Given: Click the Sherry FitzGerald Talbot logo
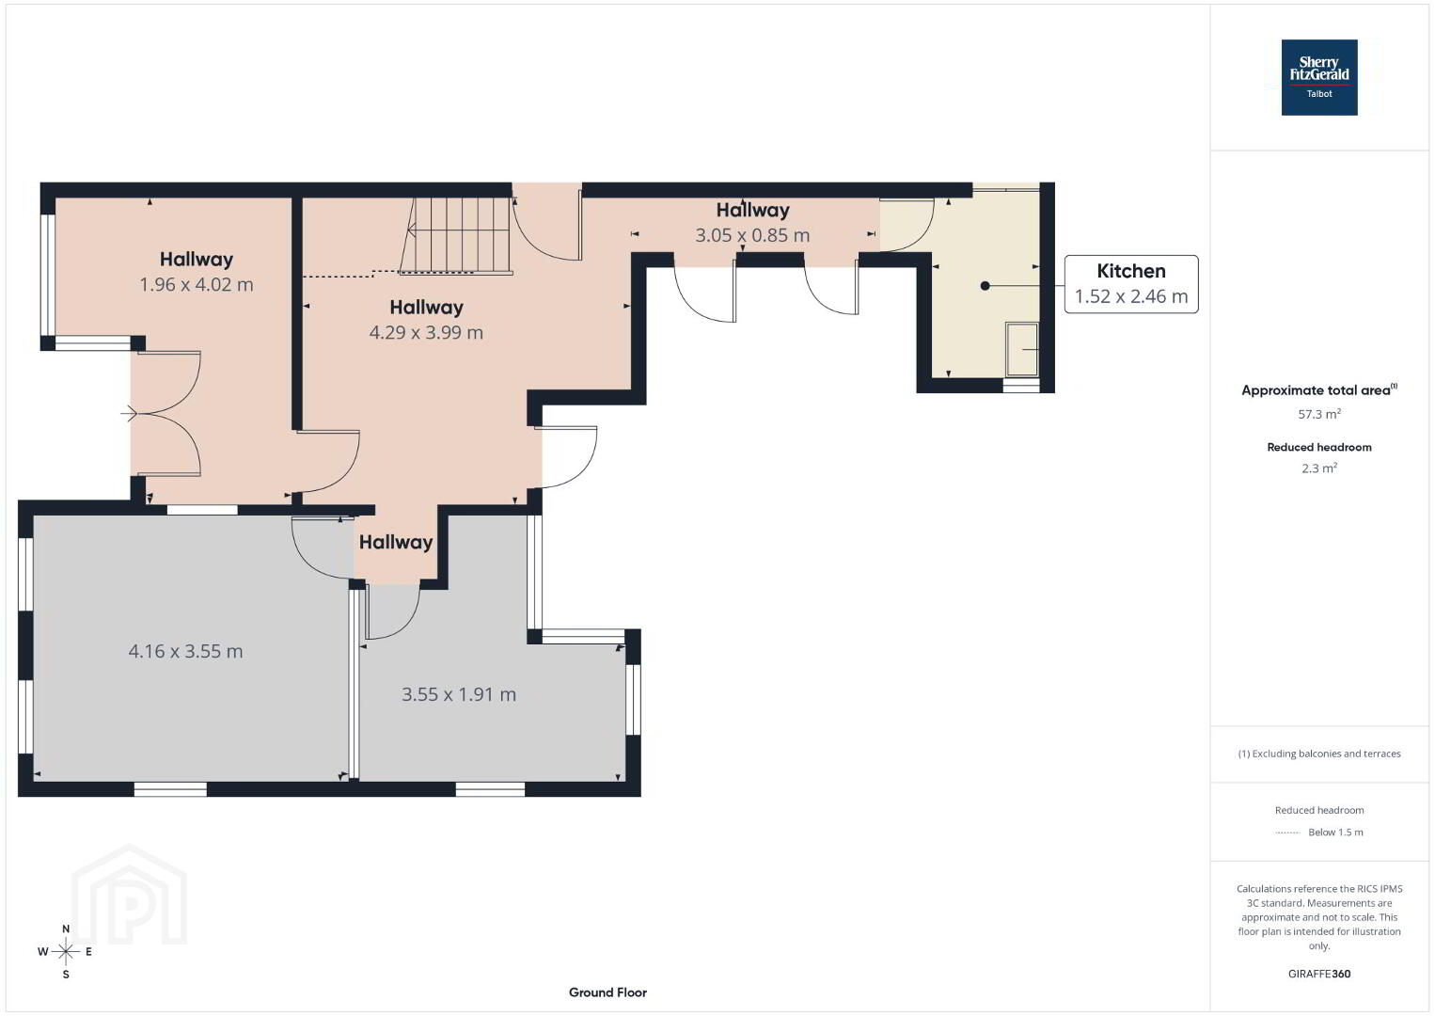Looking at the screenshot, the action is coord(1319,77).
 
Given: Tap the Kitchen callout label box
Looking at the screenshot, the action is coord(1131,284).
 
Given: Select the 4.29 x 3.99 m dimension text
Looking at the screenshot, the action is coord(426,332).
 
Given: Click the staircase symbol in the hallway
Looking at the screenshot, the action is coord(457,235).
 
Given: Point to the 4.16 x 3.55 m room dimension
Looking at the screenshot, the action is coord(186,651).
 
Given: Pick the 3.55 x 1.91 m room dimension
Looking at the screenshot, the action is coord(459,694).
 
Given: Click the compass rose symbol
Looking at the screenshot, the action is coord(65,951).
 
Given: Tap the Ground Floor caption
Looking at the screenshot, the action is coord(608,992).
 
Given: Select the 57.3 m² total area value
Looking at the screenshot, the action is coord(1319,413).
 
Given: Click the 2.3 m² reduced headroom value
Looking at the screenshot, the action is coord(1319,468).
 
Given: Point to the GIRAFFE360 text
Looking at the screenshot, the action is coord(1319,974).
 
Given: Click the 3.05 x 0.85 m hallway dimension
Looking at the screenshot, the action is coord(752,235).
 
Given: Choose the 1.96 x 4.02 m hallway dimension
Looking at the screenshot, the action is coord(197,284).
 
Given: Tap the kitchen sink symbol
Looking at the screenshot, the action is coord(1022,349).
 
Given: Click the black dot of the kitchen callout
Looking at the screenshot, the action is coord(986,286).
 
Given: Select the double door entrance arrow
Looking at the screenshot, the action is coord(129,414).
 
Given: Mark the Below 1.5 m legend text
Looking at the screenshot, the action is coord(1335,832).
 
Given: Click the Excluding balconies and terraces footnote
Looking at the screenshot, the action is coord(1319,754).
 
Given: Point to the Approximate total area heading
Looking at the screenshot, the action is coord(1319,389).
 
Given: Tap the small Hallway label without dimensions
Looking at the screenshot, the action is coord(396,542).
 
